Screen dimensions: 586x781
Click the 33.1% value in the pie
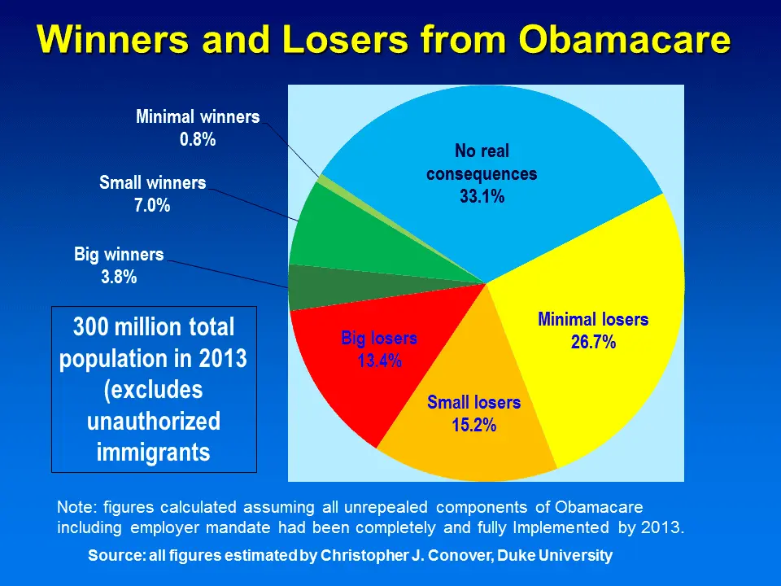click(x=482, y=196)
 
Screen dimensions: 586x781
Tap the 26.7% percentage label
click(x=593, y=342)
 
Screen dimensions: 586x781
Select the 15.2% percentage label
click(x=473, y=424)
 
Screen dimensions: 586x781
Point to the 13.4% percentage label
click(x=379, y=361)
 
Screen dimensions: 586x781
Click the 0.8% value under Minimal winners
click(x=198, y=139)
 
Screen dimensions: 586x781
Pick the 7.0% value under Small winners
click(x=152, y=206)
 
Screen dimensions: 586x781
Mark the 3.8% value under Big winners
click(x=119, y=277)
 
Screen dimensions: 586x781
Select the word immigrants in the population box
click(x=154, y=452)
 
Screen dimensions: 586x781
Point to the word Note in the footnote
click(x=73, y=506)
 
